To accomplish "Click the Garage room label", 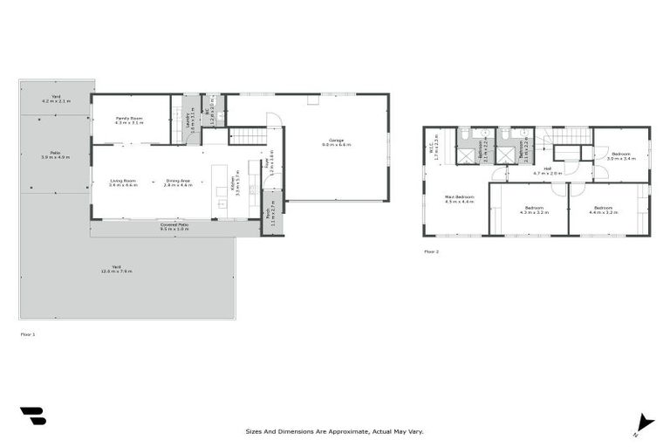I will pyautogui.click(x=335, y=142).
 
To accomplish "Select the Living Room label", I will pyautogui.click(x=123, y=182).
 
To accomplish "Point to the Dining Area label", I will pyautogui.click(x=178, y=182).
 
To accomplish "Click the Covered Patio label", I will pyautogui.click(x=174, y=226).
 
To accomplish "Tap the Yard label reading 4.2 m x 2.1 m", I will pyautogui.click(x=56, y=100).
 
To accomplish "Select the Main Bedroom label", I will pyautogui.click(x=459, y=200).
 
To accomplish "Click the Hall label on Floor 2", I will pyautogui.click(x=548, y=170).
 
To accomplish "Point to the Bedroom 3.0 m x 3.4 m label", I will pyautogui.click(x=620, y=156).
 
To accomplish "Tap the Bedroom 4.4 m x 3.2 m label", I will pyautogui.click(x=603, y=210).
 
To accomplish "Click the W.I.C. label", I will pyautogui.click(x=434, y=152).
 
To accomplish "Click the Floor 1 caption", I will pyautogui.click(x=28, y=334).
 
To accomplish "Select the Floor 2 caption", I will pyautogui.click(x=432, y=251).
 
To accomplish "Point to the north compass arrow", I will pyautogui.click(x=645, y=422).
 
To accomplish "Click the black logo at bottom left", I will pyautogui.click(x=32, y=416).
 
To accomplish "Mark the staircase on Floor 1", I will pyautogui.click(x=246, y=136).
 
